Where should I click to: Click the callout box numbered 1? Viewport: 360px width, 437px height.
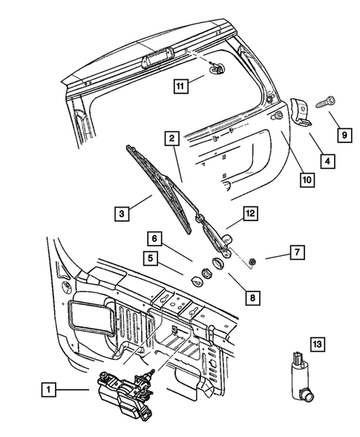48,388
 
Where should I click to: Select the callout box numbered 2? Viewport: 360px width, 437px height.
171,138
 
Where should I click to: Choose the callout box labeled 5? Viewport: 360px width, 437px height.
151,260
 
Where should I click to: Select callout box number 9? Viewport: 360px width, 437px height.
344,134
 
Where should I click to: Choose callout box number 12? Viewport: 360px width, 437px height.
250,214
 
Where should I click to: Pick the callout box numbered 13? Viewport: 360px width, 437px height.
317,344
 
